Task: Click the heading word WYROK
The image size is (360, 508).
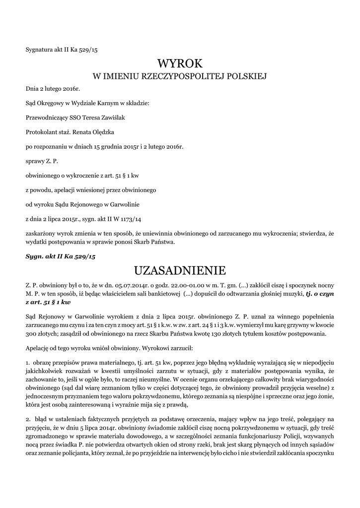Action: coord(180,63)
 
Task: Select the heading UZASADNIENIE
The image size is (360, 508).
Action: coord(180,270)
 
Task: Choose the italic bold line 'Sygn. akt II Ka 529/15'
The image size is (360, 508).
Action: coord(60,256)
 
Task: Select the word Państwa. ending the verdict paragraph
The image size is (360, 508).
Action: coord(161,242)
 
